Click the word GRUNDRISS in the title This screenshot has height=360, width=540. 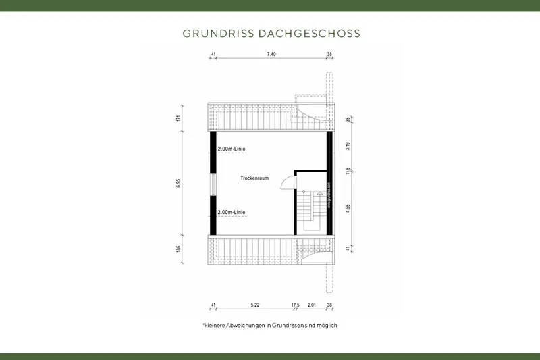(218, 33)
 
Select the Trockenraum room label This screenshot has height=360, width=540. (254, 178)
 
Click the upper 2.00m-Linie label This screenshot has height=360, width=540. (231, 148)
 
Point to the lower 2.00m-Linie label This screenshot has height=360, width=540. (231, 213)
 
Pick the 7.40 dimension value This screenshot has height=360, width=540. (271, 53)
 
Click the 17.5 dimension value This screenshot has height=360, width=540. (295, 305)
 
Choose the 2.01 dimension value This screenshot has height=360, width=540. (312, 305)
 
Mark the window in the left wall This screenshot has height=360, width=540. (213, 184)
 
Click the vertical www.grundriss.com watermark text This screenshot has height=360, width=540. (329, 196)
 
